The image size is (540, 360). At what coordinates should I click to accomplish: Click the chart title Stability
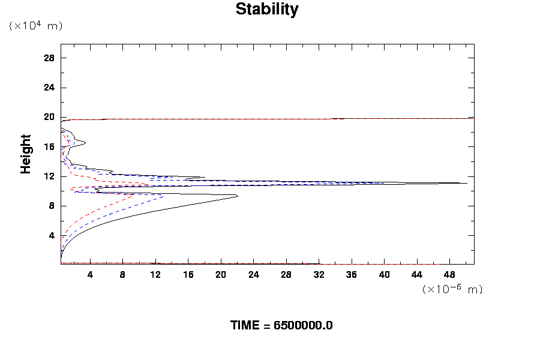[x=266, y=10]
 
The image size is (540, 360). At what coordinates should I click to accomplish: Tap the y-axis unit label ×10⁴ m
[x=35, y=26]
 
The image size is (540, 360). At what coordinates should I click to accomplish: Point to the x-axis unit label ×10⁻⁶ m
[x=452, y=289]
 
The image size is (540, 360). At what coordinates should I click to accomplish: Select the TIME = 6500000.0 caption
[x=281, y=325]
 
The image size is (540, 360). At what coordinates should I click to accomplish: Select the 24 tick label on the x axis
[x=253, y=274]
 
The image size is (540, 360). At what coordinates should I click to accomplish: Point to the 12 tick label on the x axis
[x=155, y=274]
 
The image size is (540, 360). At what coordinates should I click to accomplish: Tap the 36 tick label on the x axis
[x=352, y=274]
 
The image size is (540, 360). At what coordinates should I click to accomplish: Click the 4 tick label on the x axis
[x=90, y=274]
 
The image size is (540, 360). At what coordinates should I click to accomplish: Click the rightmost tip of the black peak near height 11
[x=467, y=183]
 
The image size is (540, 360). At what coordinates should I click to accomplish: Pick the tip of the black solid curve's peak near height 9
[x=238, y=196]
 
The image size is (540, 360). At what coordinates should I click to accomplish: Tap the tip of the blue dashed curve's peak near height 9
[x=163, y=196]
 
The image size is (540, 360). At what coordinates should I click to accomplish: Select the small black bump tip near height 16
[x=86, y=143]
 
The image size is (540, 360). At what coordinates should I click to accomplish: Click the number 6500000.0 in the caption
[x=303, y=325]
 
